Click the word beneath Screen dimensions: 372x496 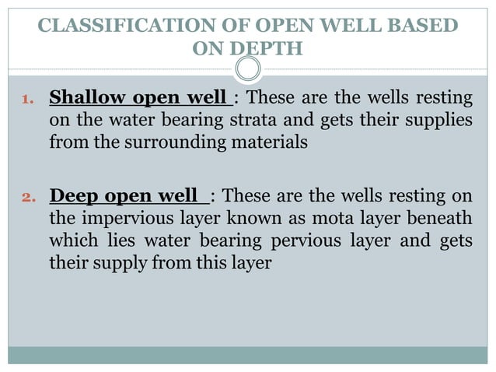coord(436,217)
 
